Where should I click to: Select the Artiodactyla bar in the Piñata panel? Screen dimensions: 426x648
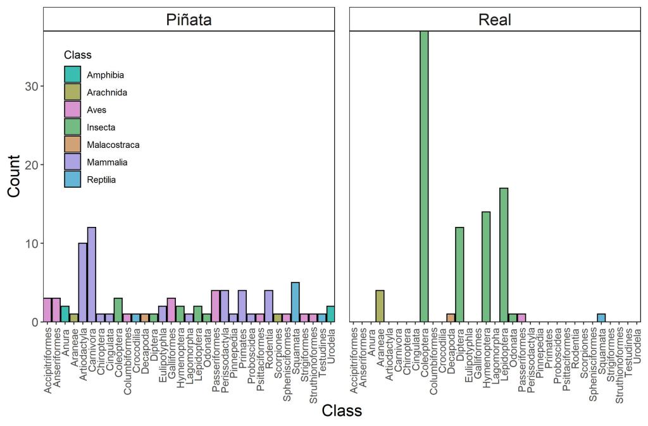point(83,283)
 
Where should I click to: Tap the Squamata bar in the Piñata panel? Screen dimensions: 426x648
point(296,302)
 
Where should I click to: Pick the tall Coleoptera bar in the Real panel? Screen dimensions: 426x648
point(424,176)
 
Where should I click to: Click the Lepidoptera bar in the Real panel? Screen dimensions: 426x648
point(504,255)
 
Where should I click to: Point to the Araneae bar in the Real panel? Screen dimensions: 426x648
point(380,306)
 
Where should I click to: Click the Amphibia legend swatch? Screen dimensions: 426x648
point(73,75)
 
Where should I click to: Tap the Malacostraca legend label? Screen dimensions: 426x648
point(113,145)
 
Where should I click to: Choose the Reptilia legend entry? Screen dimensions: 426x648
point(101,180)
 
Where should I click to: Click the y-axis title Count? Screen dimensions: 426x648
point(14,176)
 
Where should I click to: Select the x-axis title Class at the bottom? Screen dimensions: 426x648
point(342,411)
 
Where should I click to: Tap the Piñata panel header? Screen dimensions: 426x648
point(189,20)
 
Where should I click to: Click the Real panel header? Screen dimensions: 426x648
point(495,20)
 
